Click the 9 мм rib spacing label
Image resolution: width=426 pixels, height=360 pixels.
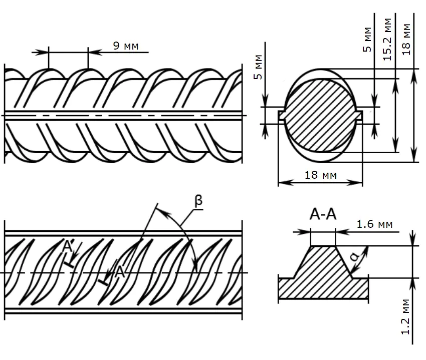click(126, 46)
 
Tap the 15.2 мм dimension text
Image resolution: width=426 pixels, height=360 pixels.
click(387, 39)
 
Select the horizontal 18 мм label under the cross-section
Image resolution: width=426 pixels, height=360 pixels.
click(321, 175)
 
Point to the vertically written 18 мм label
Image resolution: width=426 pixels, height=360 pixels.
click(406, 40)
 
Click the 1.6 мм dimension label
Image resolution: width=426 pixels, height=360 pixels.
click(375, 224)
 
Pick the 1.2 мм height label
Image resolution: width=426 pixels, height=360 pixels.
click(405, 317)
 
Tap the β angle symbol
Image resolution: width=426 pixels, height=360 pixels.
click(199, 201)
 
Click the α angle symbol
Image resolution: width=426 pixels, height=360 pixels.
click(355, 256)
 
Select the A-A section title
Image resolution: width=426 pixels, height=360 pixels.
click(323, 214)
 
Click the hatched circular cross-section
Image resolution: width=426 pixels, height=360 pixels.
click(320, 115)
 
